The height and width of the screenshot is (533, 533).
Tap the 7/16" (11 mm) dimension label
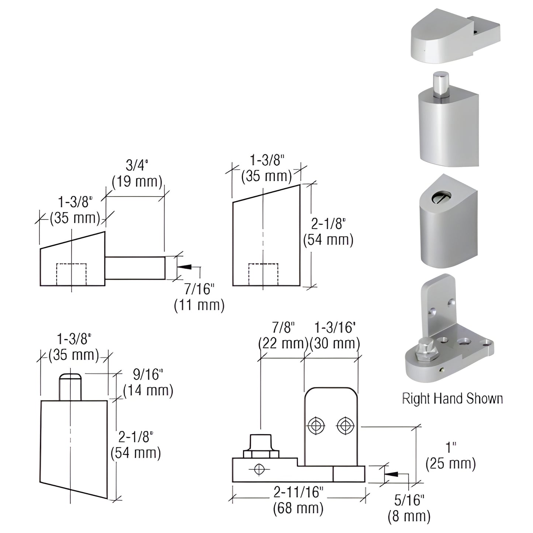pyautogui.click(x=199, y=297)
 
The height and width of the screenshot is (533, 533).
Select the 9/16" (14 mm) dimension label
pyautogui.click(x=148, y=383)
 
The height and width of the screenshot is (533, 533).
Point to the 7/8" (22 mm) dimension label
pyautogui.click(x=283, y=335)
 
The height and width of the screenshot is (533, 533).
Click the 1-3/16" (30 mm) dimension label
pyautogui.click(x=335, y=335)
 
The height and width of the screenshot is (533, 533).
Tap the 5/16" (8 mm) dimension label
pyautogui.click(x=409, y=509)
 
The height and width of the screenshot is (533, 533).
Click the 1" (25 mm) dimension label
pyautogui.click(x=450, y=456)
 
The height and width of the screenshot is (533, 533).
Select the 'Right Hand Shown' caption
pyautogui.click(x=452, y=399)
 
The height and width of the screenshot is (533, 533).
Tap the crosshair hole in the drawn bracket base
pyautogui.click(x=259, y=469)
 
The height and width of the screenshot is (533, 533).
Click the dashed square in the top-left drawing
pyautogui.click(x=71, y=274)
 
